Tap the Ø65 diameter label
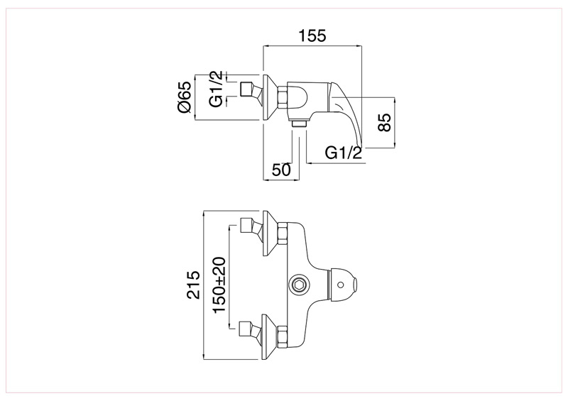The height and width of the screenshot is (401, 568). coord(183,97)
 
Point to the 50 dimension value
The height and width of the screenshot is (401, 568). coord(281,170)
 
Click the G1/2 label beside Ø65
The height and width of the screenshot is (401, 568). coord(216,89)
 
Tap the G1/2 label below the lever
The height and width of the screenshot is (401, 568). coord(344,152)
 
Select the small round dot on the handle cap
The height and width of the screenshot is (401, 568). coord(346,284)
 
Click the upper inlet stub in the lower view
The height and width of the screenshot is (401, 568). coord(248,228)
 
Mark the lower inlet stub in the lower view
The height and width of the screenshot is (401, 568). coord(248,328)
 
